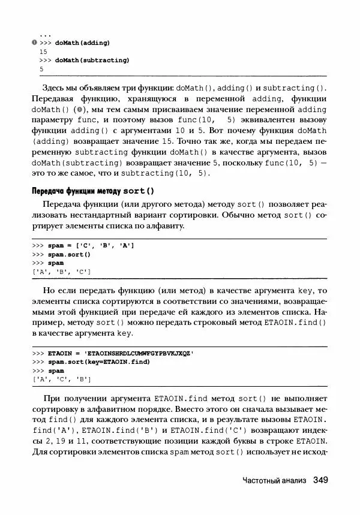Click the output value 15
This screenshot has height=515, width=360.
point(43,52)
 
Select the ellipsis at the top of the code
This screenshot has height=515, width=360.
point(44,35)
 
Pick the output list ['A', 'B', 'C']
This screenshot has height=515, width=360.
point(61,272)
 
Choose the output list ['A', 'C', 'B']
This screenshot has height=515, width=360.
point(61,380)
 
